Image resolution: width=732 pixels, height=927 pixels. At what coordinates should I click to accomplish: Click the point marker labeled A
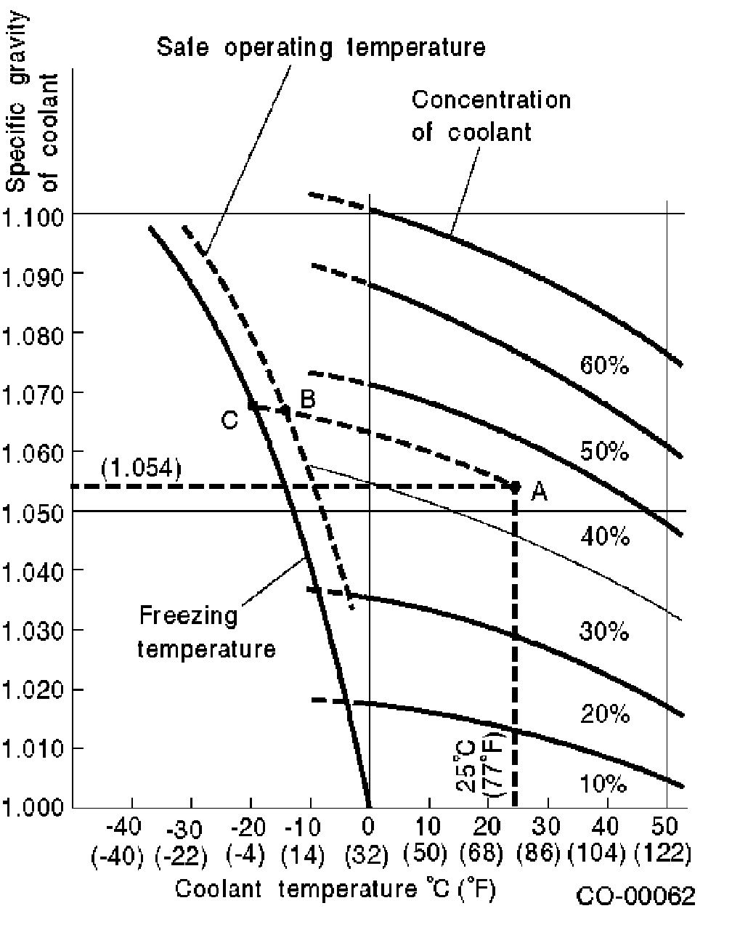point(516,485)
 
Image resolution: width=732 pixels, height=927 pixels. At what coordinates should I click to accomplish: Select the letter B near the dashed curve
point(308,397)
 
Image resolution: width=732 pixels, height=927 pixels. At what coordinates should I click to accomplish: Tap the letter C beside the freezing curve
point(229,420)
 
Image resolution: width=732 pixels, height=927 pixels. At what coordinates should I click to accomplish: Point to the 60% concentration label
point(604,365)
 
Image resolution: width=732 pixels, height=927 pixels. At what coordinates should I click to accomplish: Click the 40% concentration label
point(604,537)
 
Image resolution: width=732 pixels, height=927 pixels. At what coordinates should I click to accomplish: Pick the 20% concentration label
point(604,715)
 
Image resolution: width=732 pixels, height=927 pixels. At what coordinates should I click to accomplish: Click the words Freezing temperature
point(206,631)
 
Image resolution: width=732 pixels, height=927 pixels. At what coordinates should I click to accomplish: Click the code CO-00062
point(635,896)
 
